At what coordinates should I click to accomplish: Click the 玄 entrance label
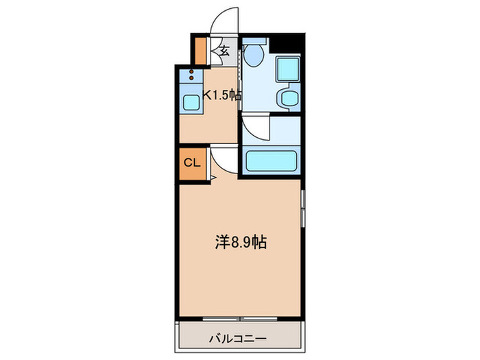[224, 50]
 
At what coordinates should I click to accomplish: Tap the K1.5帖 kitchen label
[222, 96]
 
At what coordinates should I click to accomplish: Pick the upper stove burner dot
[191, 71]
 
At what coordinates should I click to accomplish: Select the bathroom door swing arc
[256, 128]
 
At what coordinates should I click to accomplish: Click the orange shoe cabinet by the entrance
[202, 49]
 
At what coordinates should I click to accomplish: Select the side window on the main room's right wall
[302, 208]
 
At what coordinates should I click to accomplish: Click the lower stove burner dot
[191, 77]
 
